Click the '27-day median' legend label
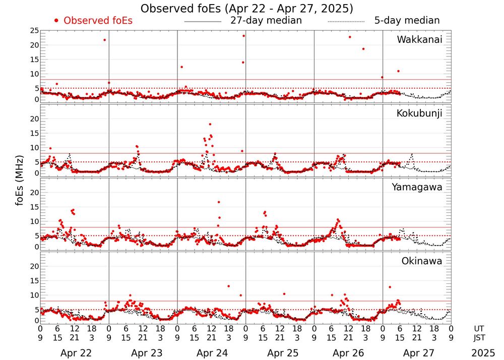(266, 21)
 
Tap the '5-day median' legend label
(407, 21)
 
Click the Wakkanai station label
(419, 40)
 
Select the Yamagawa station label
(417, 187)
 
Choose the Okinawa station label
(421, 261)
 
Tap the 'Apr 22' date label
(74, 353)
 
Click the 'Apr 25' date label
(280, 353)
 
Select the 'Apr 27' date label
(417, 353)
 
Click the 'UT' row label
(480, 328)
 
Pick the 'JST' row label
(480, 337)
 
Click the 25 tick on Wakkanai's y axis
(34, 31)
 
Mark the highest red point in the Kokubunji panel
(210, 124)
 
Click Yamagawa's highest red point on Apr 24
(219, 202)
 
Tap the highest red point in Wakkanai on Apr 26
(350, 37)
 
